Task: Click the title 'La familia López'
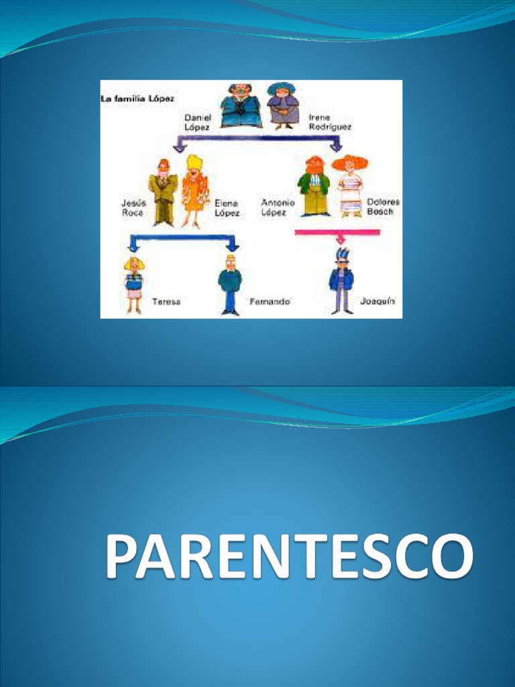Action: (138, 98)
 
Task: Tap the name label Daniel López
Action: (198, 121)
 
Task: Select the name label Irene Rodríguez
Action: (329, 121)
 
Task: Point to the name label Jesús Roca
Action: (133, 207)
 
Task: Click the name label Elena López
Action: (227, 207)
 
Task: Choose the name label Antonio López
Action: (273, 207)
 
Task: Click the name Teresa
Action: (166, 302)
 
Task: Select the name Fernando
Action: (270, 302)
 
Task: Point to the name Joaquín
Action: (378, 301)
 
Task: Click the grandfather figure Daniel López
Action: (240, 105)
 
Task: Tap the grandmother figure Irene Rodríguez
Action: (282, 105)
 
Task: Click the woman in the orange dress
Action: (194, 191)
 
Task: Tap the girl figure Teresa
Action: (134, 284)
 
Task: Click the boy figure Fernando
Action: (230, 284)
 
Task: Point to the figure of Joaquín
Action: (341, 282)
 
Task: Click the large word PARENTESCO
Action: (288, 558)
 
